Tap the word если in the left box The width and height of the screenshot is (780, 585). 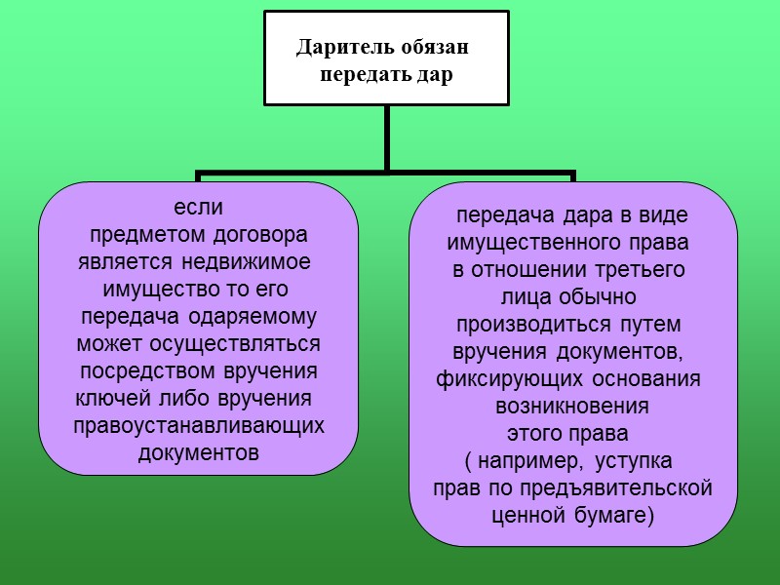point(198,208)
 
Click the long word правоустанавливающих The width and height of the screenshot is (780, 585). point(198,426)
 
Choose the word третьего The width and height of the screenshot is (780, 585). point(633,268)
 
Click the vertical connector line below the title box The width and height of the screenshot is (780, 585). point(387,138)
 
